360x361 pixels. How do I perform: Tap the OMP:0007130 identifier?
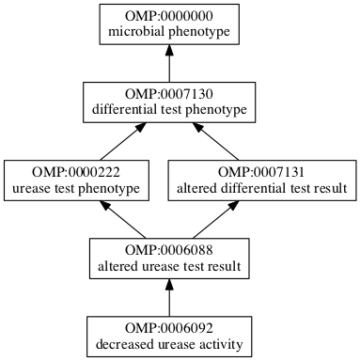169,95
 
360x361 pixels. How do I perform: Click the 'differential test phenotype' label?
169,111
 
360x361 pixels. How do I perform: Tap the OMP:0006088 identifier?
169,251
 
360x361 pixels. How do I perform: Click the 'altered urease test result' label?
169,267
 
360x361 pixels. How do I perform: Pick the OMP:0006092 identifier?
169,329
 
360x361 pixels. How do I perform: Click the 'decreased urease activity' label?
169,345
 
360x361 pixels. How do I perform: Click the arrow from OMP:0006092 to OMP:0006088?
169,299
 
